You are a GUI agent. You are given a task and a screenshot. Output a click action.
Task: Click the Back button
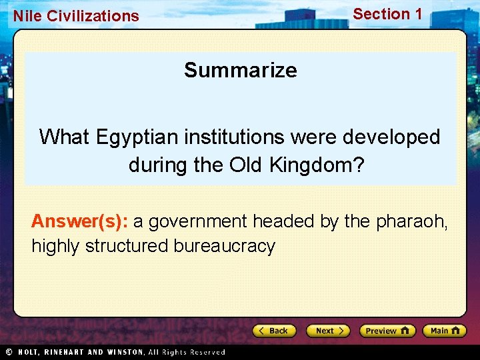point(273,331)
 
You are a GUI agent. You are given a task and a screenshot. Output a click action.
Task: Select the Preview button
point(387,331)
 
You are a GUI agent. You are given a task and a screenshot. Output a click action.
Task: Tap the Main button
point(444,331)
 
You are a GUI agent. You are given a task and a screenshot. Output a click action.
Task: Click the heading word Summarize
point(241,70)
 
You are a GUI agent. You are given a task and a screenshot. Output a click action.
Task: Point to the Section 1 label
point(387,14)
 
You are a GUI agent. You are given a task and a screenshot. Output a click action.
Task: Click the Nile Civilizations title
point(76,16)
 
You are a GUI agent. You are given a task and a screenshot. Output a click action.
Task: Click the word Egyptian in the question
point(137,137)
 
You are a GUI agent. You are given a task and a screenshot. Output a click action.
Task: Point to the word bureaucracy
point(224,246)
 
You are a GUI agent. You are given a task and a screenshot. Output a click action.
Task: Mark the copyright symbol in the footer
point(9,352)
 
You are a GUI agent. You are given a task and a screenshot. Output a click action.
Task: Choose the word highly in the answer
point(53,246)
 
